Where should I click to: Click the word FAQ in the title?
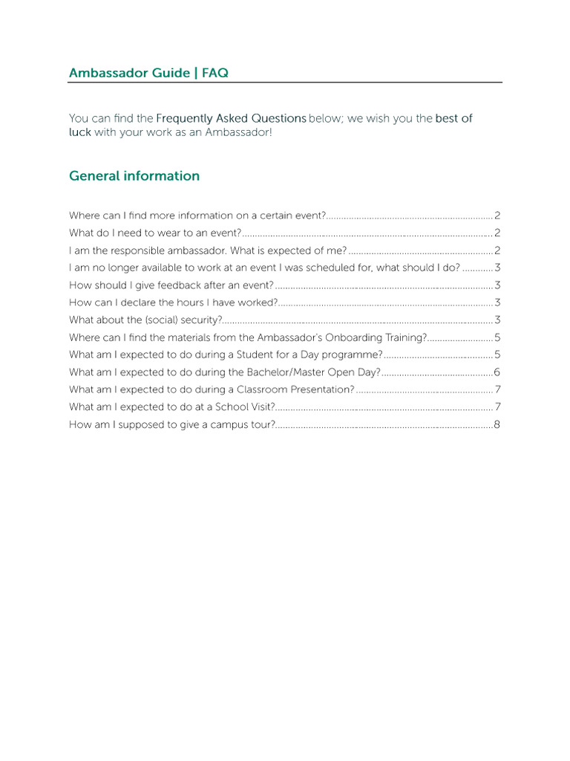[x=214, y=73]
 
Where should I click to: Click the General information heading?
[x=134, y=176]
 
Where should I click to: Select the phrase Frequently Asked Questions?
[x=231, y=118]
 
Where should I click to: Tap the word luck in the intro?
[x=80, y=132]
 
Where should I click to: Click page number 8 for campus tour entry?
[x=497, y=425]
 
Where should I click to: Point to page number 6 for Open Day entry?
[x=497, y=372]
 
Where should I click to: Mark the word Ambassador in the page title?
[x=103, y=73]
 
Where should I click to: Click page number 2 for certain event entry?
[x=497, y=216]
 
